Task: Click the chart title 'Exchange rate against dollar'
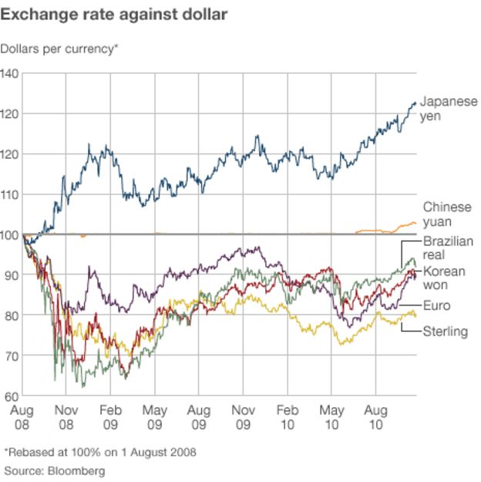[x=114, y=14]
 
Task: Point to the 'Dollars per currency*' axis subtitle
[x=60, y=49]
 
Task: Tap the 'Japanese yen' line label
[x=448, y=109]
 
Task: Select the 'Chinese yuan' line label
[x=446, y=215]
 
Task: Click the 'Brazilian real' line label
[x=448, y=248]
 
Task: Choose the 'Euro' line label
[x=437, y=306]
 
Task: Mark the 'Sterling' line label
[x=446, y=332]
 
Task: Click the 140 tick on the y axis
[x=10, y=73]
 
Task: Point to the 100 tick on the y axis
[x=10, y=234]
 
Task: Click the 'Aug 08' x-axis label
[x=23, y=417]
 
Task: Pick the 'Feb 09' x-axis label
[x=111, y=417]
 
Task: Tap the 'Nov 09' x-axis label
[x=244, y=417]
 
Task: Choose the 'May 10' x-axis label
[x=332, y=417]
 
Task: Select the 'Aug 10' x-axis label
[x=376, y=417]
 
